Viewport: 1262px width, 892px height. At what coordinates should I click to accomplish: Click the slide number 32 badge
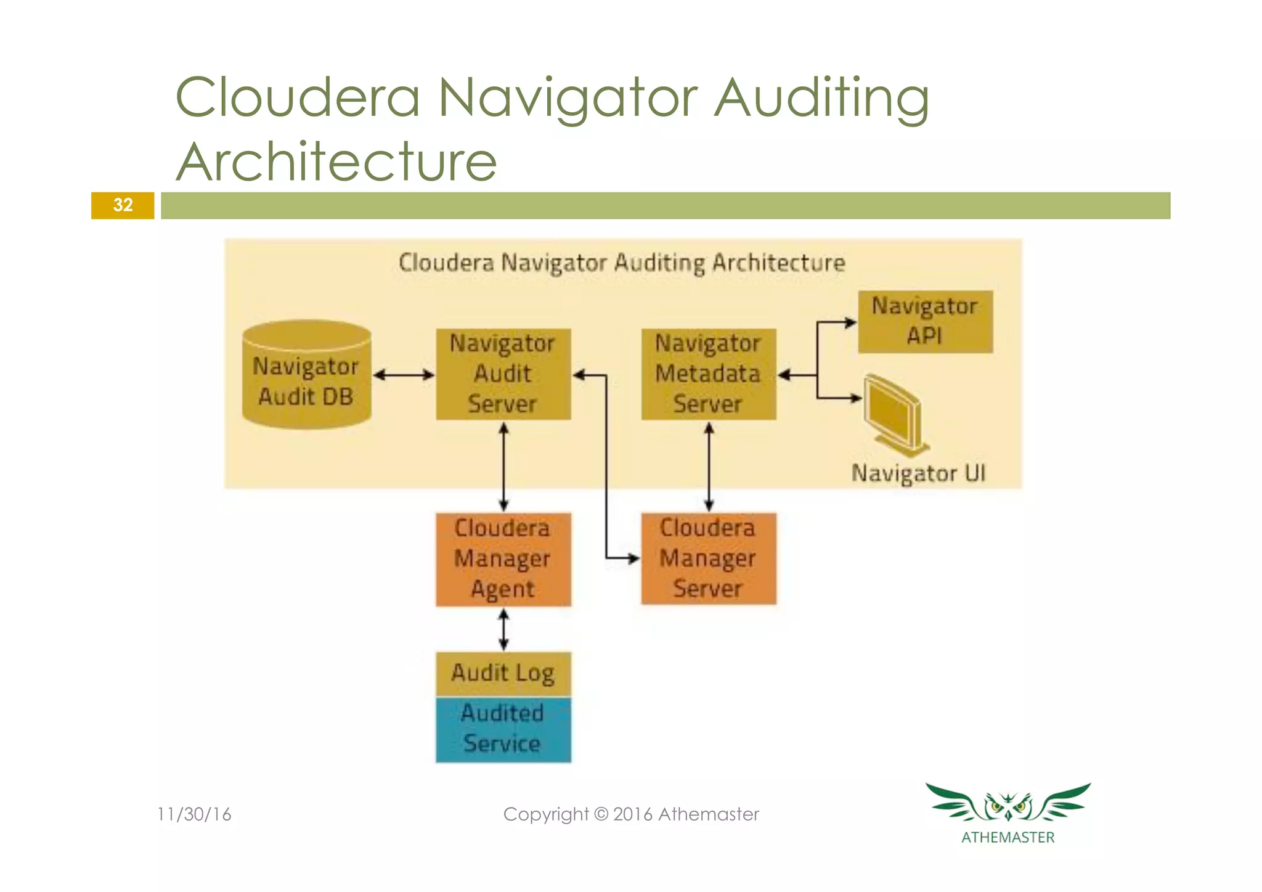click(x=123, y=205)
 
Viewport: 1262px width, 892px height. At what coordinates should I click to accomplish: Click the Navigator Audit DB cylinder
click(x=306, y=375)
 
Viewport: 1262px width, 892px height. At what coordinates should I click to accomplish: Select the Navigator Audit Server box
click(x=503, y=374)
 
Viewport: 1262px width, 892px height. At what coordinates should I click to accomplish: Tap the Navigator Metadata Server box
click(x=708, y=374)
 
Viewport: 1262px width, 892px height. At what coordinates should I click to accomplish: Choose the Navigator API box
click(x=925, y=321)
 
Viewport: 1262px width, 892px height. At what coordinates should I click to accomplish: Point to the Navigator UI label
click(x=918, y=473)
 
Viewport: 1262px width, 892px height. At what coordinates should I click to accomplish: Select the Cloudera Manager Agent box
click(x=503, y=559)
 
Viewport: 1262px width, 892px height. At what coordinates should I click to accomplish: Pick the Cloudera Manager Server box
click(x=708, y=559)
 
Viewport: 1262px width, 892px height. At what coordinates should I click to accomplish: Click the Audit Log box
click(x=503, y=673)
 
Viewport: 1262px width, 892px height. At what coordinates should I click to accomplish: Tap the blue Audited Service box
click(x=503, y=729)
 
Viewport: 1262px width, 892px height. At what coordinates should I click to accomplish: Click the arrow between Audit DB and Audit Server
click(x=404, y=375)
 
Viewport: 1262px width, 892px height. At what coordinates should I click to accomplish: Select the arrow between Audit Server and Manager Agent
click(x=503, y=467)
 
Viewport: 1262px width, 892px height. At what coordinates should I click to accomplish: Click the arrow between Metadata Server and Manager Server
click(x=709, y=467)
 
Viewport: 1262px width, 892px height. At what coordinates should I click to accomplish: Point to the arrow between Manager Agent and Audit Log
click(x=503, y=629)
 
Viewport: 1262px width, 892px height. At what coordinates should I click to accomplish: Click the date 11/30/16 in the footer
click(x=194, y=814)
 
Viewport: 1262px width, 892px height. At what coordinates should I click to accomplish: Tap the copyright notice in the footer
click(x=631, y=814)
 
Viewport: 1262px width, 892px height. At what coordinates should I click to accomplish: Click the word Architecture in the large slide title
click(x=336, y=162)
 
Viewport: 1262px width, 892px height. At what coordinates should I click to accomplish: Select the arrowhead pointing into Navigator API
click(x=850, y=322)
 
